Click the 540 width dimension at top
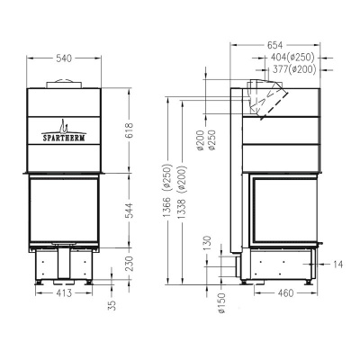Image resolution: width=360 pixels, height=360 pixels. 63,58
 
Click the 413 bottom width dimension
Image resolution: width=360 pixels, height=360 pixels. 63,293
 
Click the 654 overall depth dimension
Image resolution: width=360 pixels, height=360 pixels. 276,46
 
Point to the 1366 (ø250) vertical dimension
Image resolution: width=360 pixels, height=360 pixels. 167,189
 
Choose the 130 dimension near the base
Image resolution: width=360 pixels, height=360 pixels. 207,244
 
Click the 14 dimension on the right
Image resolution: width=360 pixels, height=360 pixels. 337,264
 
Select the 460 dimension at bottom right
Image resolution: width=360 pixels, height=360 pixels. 286,293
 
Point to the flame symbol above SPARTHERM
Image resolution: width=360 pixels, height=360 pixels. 62,124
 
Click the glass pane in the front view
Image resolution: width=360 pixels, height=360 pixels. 63,209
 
